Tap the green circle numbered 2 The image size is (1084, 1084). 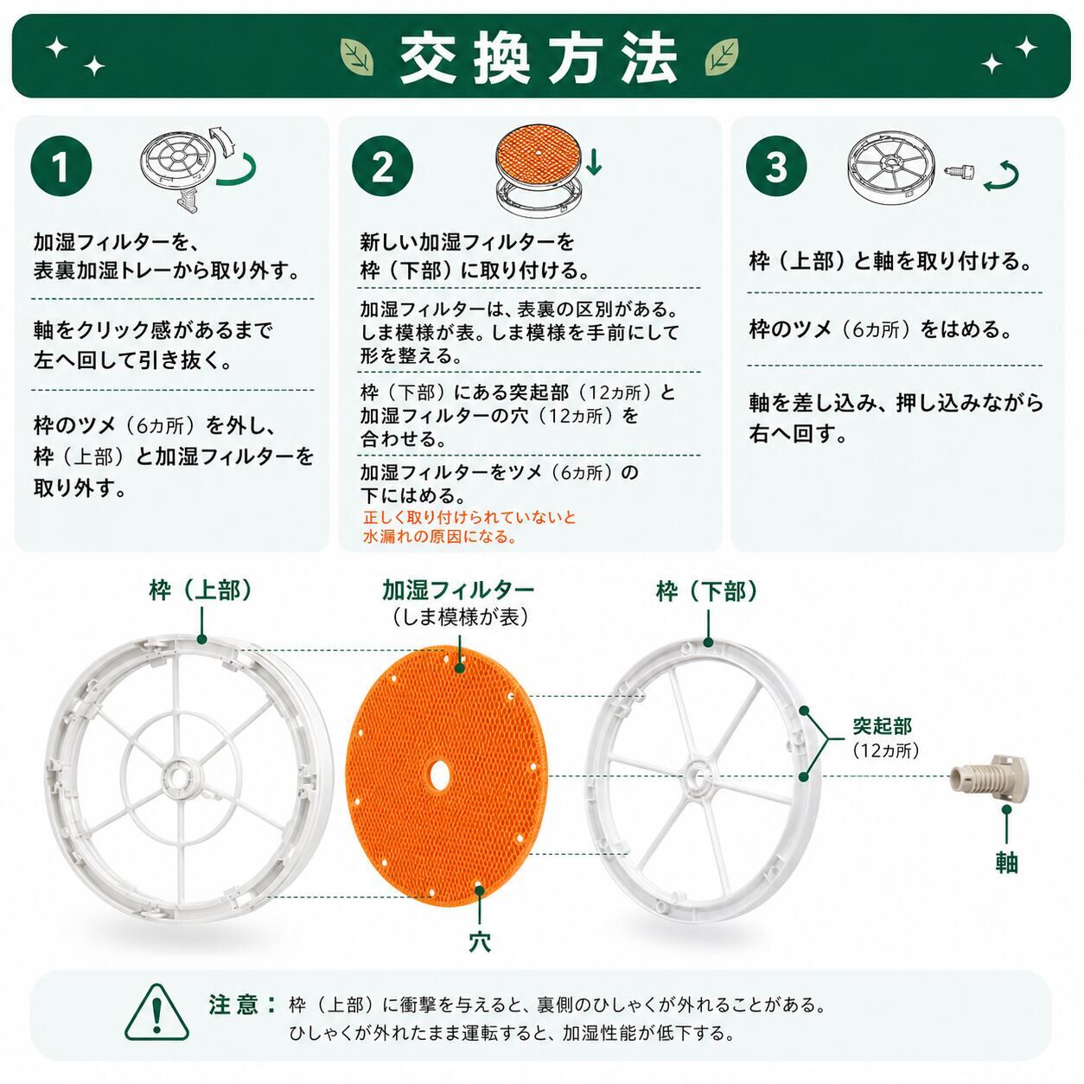point(383,166)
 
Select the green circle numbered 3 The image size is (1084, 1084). point(776,166)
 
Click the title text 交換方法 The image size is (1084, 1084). point(539,59)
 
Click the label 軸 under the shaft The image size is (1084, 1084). point(1006,863)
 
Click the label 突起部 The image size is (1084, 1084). point(882,726)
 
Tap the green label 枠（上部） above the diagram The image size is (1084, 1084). point(201,590)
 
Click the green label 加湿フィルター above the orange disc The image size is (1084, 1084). point(458,590)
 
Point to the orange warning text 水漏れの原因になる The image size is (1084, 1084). point(440,536)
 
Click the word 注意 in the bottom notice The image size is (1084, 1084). point(233,1004)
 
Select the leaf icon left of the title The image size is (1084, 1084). point(357,57)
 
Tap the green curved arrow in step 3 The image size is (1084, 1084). point(1001,176)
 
